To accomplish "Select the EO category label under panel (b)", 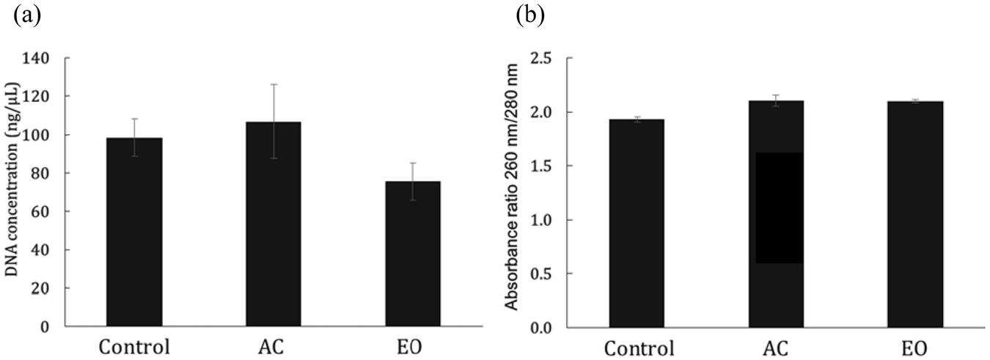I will (914, 347).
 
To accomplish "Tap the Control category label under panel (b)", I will (637, 347).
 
